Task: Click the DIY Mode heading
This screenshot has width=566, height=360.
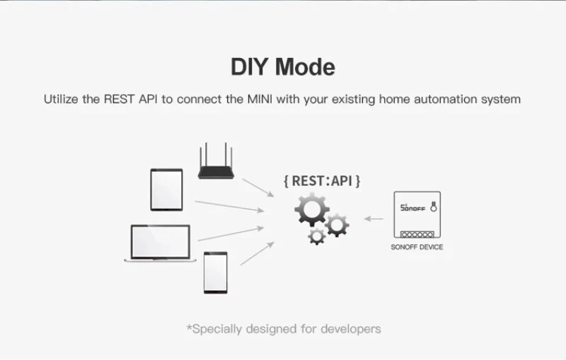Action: pos(283,66)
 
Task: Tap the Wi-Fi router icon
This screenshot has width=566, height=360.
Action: pos(216,161)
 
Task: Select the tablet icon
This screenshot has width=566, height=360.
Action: pos(166,190)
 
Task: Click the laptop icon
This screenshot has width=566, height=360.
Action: pos(161,243)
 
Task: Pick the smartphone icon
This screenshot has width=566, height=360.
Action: pos(216,273)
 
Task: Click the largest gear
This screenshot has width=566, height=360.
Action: pos(312,209)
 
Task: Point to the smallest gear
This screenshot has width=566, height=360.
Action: pos(317,236)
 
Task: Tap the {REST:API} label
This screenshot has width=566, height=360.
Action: pos(322,181)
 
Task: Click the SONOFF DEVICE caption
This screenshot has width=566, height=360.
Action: pos(417,247)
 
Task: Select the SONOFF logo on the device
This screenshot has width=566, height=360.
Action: pos(412,208)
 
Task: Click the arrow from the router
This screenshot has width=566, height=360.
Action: pos(258,187)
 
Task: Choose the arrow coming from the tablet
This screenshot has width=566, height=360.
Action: pos(229,207)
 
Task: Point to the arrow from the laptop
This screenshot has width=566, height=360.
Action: pos(231,233)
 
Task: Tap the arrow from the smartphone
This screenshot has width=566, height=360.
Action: pos(257,254)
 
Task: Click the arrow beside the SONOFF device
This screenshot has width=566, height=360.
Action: pos(374,219)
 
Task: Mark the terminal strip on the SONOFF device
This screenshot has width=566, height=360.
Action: pos(417,235)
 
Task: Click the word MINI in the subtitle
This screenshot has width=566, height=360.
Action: pos(260,99)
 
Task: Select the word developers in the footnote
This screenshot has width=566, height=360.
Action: pos(351,329)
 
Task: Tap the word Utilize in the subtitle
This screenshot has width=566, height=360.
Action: pos(61,99)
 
